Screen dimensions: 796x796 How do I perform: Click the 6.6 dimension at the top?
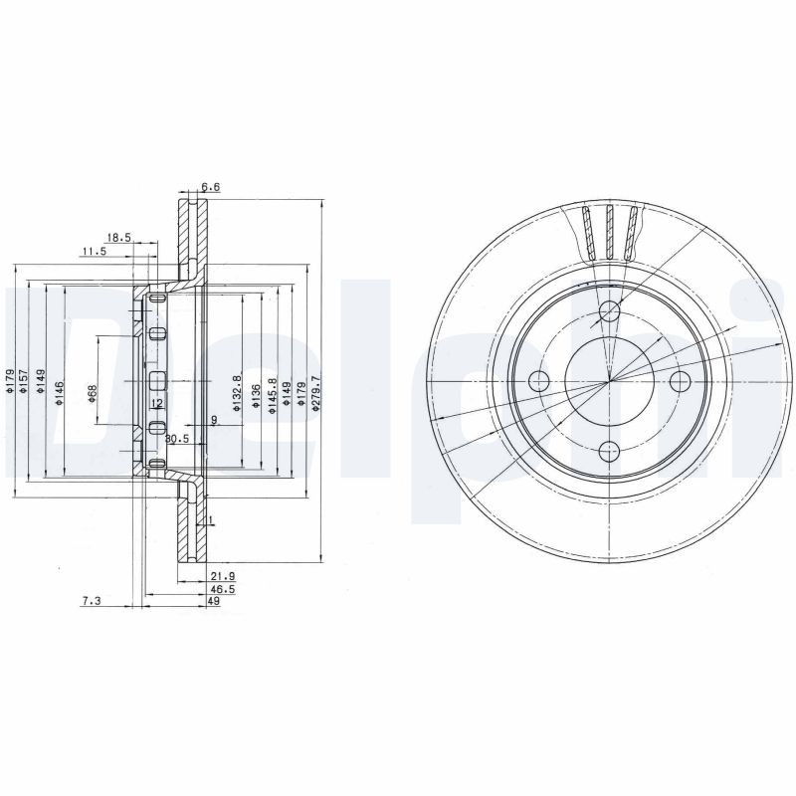point(210,187)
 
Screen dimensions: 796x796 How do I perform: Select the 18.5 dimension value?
point(118,237)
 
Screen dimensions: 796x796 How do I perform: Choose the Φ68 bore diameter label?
point(92,393)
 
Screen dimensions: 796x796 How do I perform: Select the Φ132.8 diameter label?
point(237,388)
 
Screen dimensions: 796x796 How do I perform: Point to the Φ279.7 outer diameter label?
point(316,388)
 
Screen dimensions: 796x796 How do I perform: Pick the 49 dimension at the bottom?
point(214,602)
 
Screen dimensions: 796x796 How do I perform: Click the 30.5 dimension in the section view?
point(177,438)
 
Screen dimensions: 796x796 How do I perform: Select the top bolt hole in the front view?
point(610,313)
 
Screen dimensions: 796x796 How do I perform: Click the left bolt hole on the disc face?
point(539,381)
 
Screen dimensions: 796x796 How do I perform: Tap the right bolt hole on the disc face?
point(681,381)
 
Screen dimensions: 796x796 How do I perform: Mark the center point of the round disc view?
point(609,381)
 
